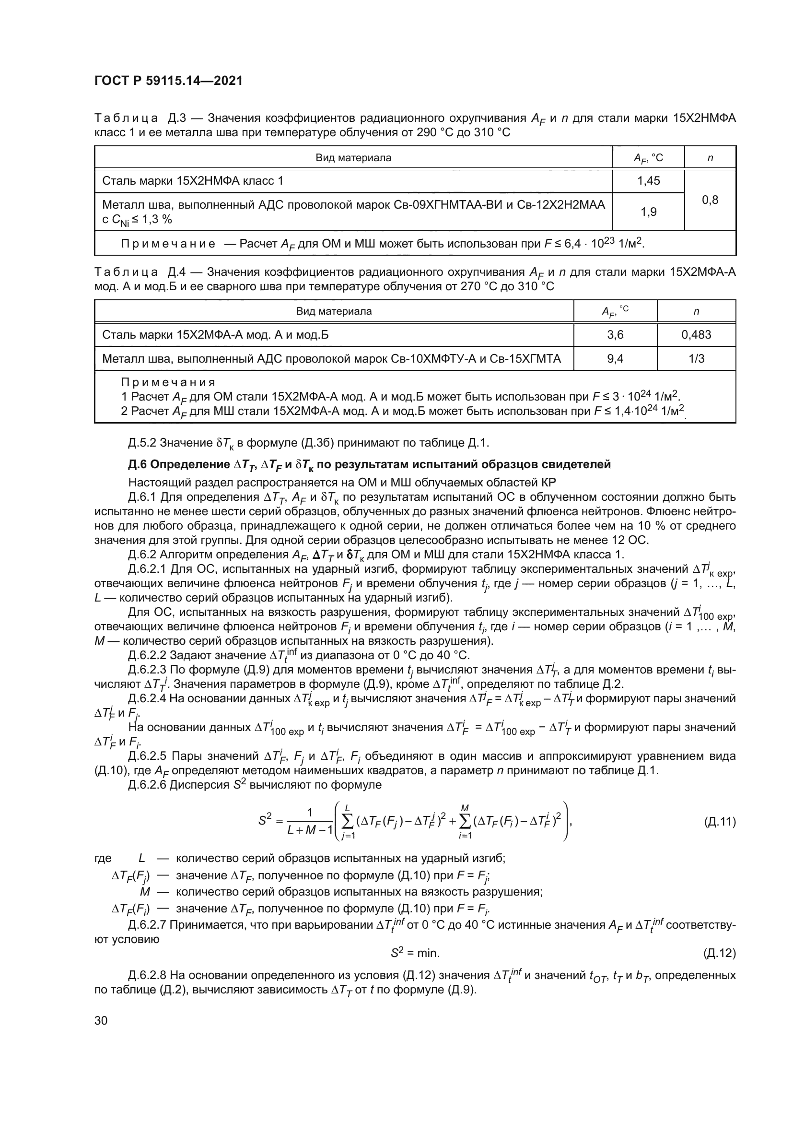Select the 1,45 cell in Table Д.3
coord(648,181)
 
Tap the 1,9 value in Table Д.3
coord(648,212)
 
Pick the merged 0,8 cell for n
coord(710,200)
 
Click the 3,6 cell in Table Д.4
coord(615,335)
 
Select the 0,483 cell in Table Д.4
coord(696,335)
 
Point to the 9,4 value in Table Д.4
coord(615,359)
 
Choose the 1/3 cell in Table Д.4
coord(696,359)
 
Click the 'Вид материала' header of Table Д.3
coord(353,158)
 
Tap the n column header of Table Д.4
coord(696,311)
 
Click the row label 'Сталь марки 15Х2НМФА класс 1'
coord(192,181)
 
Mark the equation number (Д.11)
coord(719,821)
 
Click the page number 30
coord(101,1020)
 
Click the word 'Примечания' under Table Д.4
coord(168,382)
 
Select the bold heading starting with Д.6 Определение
coord(369,464)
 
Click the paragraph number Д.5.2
coord(142,443)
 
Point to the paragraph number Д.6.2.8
coord(149,975)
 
